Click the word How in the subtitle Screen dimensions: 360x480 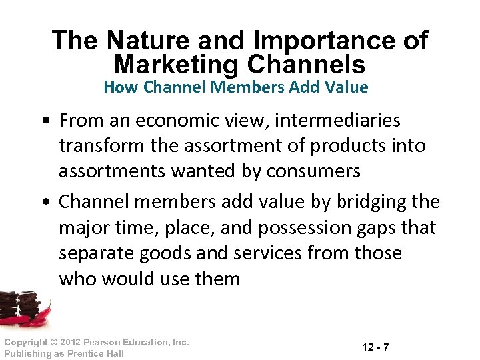pyautogui.click(x=118, y=87)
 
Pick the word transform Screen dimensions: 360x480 pyautogui.click(x=102, y=146)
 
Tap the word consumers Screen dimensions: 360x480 pyautogui.click(x=314, y=171)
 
